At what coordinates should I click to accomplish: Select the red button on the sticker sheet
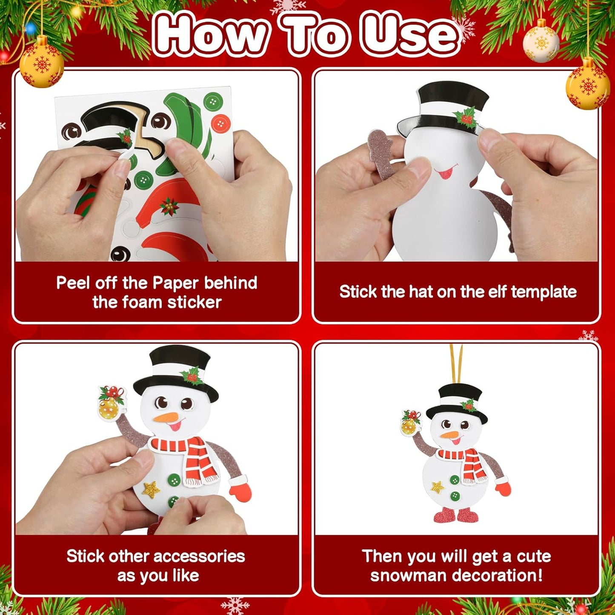[x=221, y=123]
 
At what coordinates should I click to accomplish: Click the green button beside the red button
[x=213, y=102]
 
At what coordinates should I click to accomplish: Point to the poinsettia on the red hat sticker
[x=169, y=206]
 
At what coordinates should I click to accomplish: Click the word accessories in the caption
[x=198, y=556]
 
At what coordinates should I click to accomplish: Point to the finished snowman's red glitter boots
[x=455, y=515]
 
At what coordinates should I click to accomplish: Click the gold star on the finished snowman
[x=437, y=486]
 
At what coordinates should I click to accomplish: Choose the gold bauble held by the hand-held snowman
[x=108, y=408]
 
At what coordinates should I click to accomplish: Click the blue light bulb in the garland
[x=30, y=29]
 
